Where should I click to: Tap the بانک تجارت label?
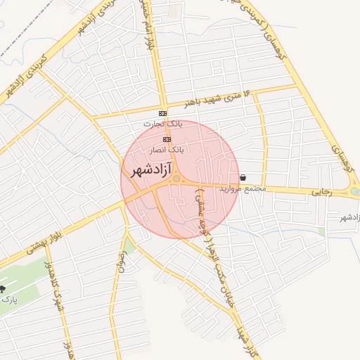[x=162, y=124]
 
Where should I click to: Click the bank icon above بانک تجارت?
[x=163, y=113]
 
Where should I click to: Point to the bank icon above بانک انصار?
[x=167, y=139]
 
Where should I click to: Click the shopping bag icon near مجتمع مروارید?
[x=243, y=177]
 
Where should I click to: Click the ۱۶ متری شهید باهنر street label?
[x=217, y=98]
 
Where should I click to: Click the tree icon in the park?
[x=2, y=289]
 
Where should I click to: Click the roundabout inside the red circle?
[x=176, y=180]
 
